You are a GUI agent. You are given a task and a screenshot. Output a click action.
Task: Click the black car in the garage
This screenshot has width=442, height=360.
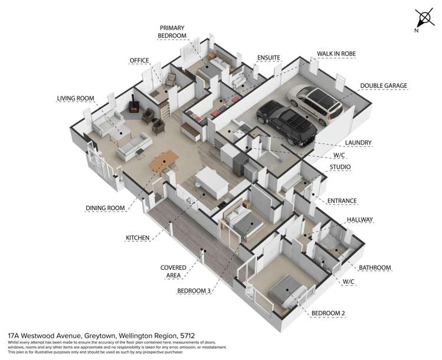point(286,123)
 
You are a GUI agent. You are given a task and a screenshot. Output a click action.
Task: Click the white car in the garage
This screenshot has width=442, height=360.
point(315,104)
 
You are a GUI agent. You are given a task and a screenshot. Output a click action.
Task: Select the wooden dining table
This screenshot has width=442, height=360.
point(163,161)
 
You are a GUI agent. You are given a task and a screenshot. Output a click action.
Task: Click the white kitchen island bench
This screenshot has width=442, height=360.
point(212,182)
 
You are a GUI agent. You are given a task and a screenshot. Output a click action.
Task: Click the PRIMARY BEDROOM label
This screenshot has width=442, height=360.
point(172,32)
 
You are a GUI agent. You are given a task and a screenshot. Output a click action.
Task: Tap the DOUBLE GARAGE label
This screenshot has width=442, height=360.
point(384,86)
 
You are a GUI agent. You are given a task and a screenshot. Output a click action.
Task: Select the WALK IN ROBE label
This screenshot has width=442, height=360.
point(336,54)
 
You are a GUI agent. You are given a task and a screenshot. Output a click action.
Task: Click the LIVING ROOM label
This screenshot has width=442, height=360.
point(76,99)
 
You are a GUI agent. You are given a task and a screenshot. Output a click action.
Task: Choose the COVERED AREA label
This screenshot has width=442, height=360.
point(173,271)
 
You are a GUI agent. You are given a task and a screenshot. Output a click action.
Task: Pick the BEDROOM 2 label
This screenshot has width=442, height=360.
point(328,313)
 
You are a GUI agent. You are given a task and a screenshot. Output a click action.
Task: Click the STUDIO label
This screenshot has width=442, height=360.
point(340,167)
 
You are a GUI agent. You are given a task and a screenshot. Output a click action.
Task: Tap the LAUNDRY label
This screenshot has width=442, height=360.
point(358,143)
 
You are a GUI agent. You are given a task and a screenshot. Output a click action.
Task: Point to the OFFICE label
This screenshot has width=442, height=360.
point(139,61)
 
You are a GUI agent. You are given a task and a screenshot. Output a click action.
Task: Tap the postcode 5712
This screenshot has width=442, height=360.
point(187,336)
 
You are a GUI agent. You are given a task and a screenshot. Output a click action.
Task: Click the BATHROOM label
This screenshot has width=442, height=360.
point(375,267)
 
